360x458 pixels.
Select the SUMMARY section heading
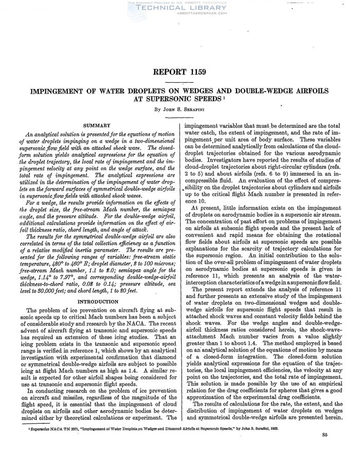[97, 125]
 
